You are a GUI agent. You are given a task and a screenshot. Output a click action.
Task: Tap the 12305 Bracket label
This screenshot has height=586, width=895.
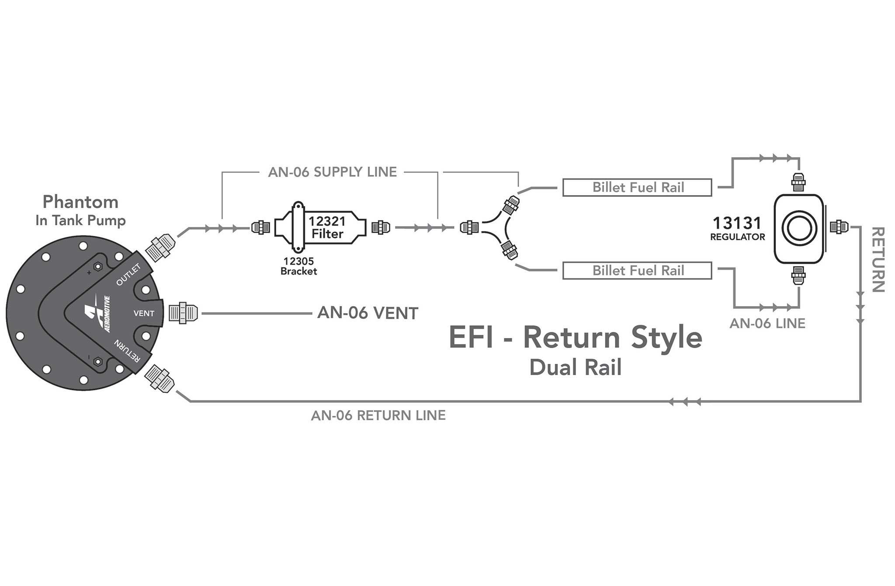point(299,266)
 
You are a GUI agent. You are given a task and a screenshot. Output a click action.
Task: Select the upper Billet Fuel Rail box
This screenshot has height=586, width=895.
point(637,187)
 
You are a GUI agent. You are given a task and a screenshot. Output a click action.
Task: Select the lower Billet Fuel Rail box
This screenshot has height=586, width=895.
point(637,270)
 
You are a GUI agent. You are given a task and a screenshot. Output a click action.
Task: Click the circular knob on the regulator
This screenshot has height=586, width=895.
point(799,229)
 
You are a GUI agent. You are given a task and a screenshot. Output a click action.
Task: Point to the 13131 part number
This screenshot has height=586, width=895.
point(737,223)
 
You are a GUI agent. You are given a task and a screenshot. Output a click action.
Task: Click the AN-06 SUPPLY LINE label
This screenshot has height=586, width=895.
point(333,172)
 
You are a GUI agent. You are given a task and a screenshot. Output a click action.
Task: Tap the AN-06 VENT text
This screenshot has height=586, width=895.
point(368,313)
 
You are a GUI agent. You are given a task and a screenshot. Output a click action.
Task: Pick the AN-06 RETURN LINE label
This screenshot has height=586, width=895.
point(378,415)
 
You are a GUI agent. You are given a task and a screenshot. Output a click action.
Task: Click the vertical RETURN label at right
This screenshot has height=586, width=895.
point(878,259)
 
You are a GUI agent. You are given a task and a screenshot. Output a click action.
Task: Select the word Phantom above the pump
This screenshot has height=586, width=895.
point(80,202)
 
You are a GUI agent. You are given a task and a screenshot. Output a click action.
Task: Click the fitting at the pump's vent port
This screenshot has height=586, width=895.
point(183,313)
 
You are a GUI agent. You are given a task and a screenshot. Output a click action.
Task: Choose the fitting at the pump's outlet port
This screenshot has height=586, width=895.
point(160,248)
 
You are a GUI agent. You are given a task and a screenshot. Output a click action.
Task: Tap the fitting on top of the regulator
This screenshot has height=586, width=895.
point(799,182)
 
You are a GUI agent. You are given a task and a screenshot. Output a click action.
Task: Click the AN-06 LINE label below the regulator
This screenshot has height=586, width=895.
point(767,324)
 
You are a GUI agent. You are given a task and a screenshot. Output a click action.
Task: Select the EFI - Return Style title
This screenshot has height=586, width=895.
point(576,338)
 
